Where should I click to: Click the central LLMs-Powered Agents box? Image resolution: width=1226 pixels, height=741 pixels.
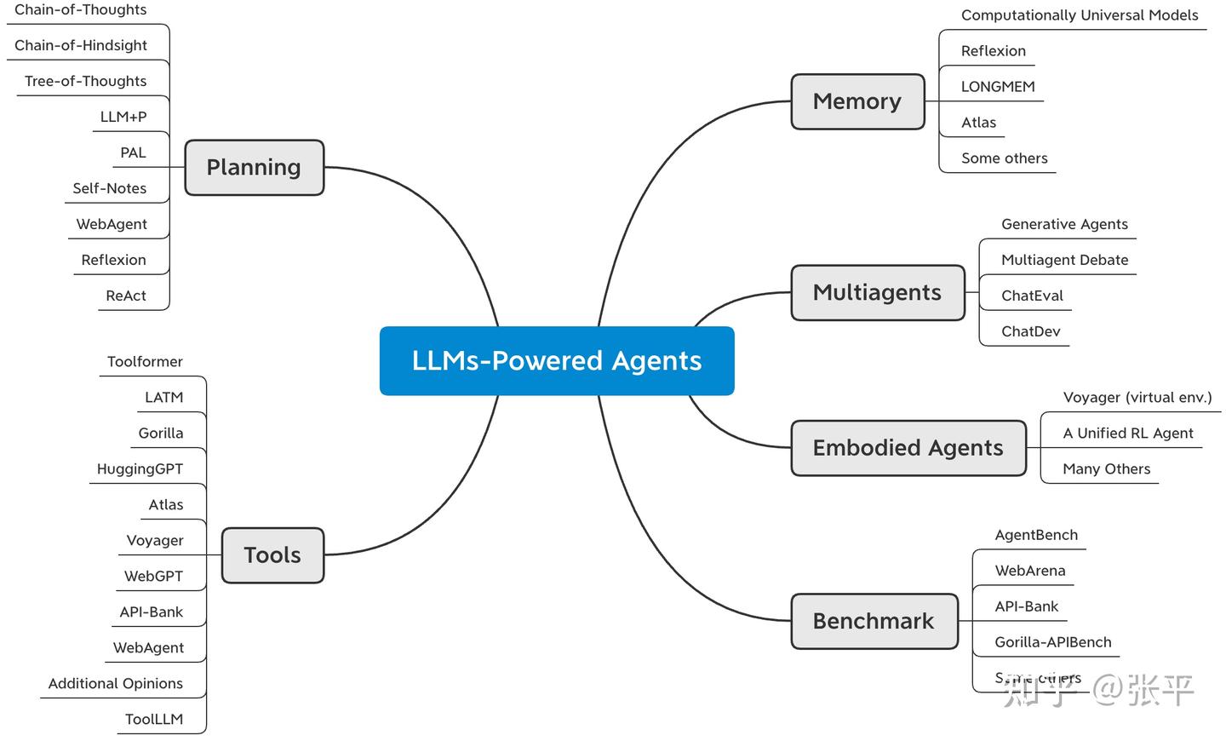click(557, 361)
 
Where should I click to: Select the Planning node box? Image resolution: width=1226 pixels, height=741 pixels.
click(254, 168)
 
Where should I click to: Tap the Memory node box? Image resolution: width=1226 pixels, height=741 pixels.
click(857, 101)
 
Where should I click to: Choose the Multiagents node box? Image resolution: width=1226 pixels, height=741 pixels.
click(878, 293)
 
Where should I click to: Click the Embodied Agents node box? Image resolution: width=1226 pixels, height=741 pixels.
click(908, 448)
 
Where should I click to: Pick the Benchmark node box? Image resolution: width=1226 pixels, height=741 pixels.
click(874, 621)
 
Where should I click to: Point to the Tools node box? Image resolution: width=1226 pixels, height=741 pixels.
click(272, 555)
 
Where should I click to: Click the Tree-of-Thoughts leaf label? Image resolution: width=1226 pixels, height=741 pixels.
click(85, 81)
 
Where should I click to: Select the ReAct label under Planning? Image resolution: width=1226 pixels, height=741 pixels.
click(126, 296)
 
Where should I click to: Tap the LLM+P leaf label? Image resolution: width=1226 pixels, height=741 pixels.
click(123, 117)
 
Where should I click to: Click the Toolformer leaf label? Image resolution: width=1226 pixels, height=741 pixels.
click(145, 361)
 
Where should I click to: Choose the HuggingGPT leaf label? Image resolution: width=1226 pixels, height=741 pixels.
click(140, 468)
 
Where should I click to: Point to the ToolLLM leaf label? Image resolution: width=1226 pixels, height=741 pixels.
click(154, 719)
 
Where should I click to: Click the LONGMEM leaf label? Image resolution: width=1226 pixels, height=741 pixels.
click(998, 86)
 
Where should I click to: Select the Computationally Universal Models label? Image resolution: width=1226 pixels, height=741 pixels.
click(1080, 14)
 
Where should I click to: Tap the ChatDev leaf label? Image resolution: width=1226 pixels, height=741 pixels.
click(1030, 331)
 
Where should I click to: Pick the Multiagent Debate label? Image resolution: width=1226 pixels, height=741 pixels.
click(1064, 260)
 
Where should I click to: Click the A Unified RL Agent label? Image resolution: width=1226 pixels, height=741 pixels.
click(1128, 433)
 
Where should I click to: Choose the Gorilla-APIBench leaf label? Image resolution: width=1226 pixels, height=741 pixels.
click(1053, 642)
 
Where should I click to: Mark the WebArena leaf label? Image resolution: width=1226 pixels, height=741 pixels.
click(1030, 571)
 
